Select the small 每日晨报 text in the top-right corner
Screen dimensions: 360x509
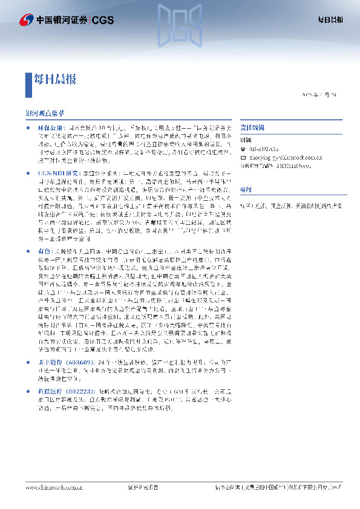(330, 20)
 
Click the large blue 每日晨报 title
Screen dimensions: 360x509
(56, 79)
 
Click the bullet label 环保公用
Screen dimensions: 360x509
(50, 128)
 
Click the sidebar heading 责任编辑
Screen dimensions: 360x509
(250, 128)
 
